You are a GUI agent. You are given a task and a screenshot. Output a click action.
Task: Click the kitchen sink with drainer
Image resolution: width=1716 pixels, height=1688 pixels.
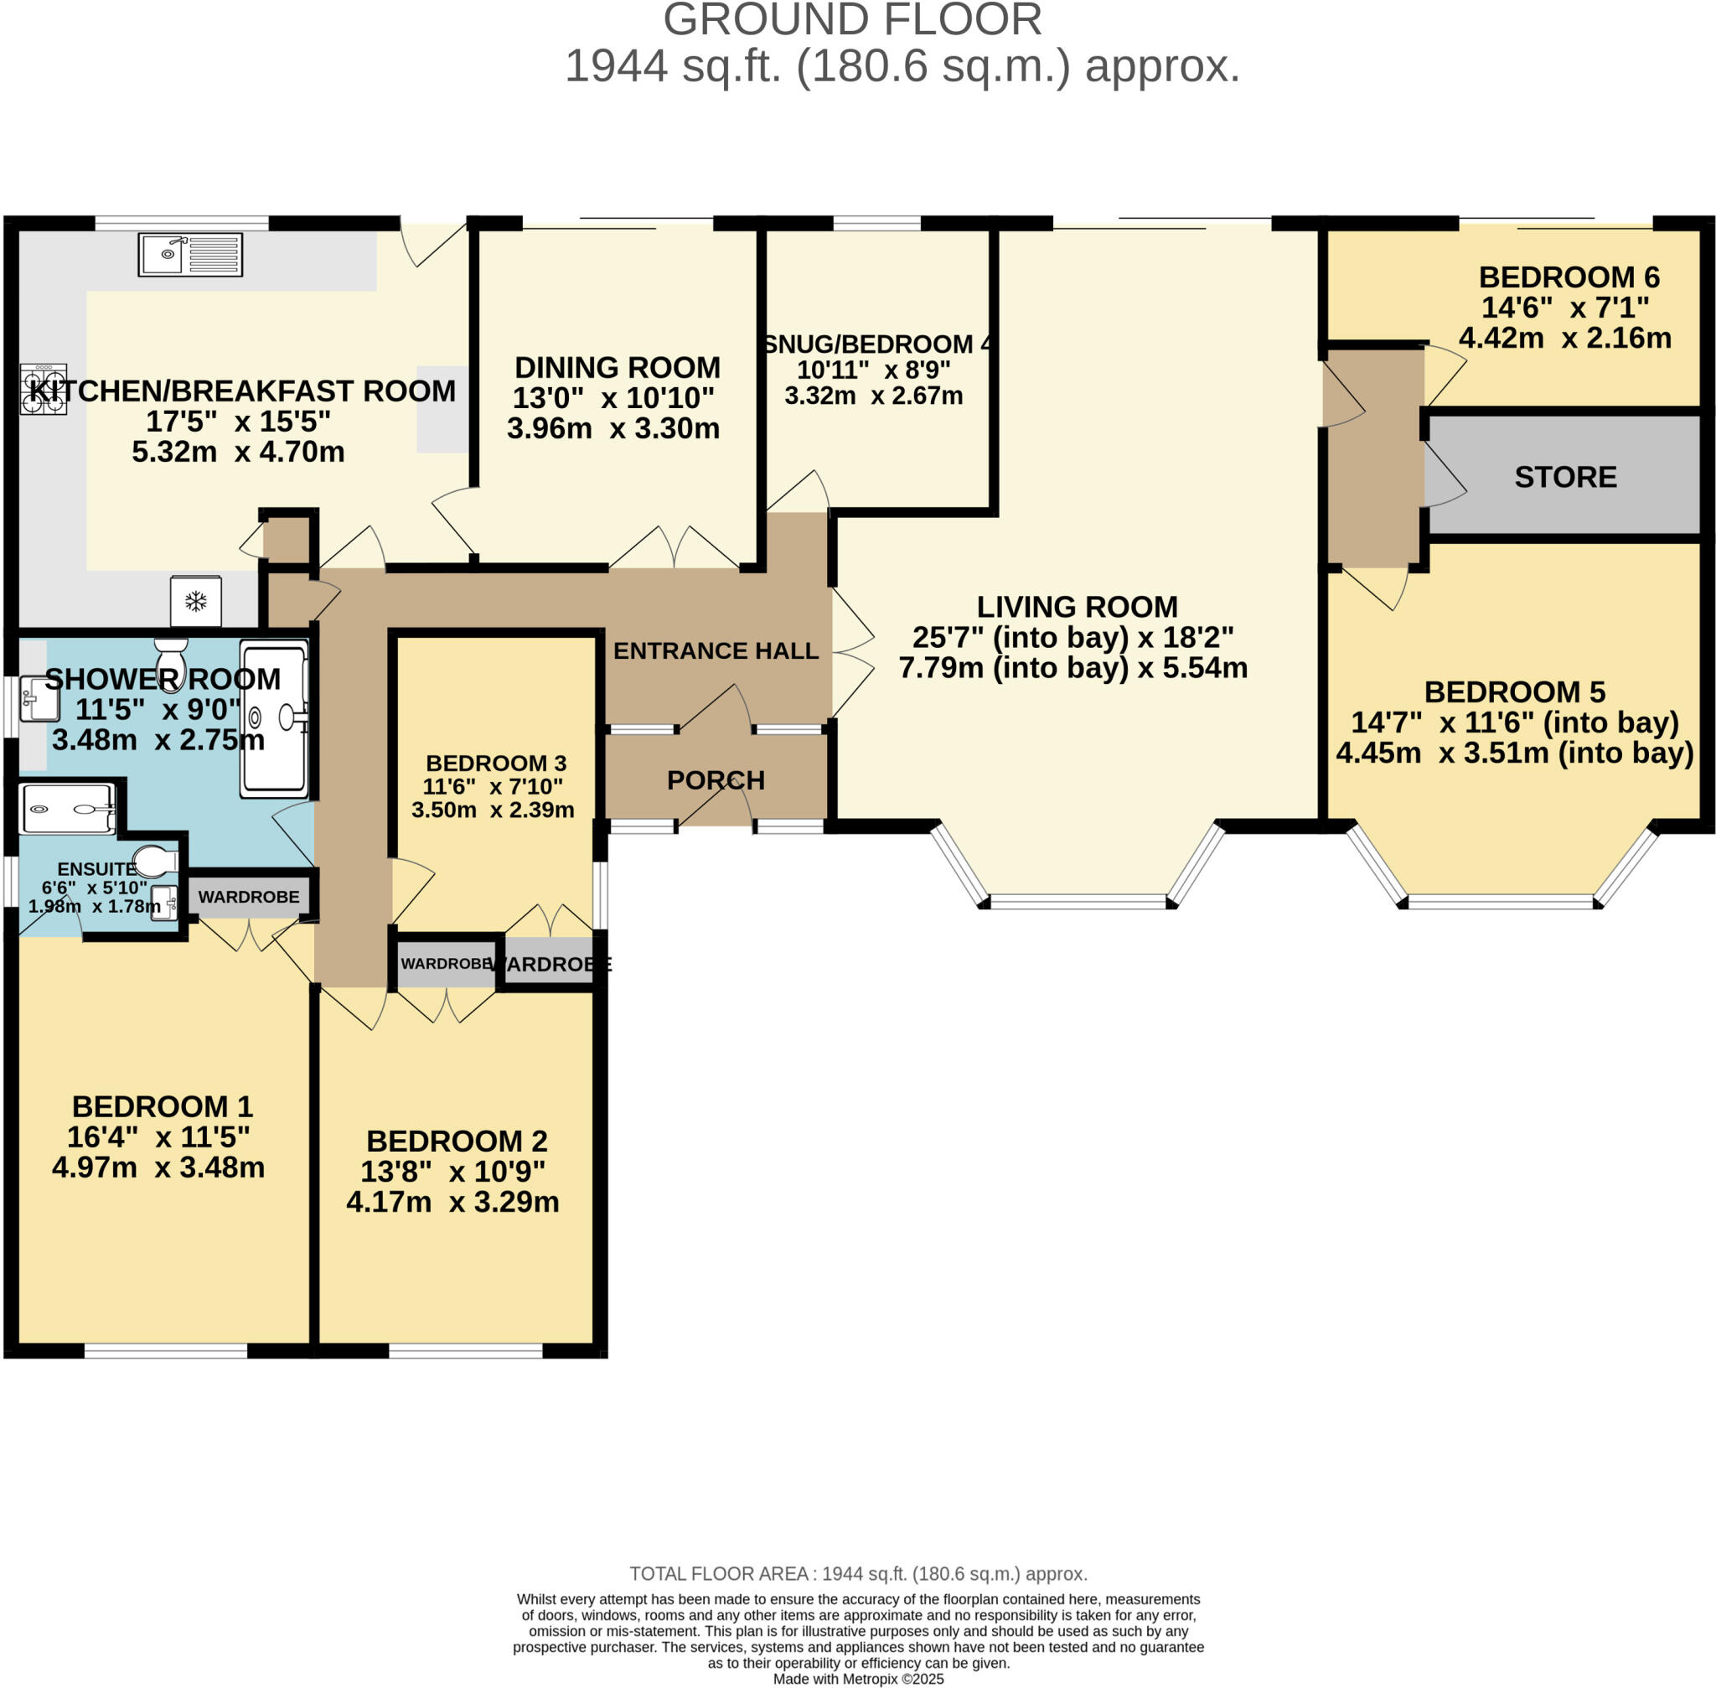click(x=190, y=255)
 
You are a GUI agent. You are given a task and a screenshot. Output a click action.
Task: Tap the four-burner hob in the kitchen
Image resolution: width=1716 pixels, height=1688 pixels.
click(x=44, y=389)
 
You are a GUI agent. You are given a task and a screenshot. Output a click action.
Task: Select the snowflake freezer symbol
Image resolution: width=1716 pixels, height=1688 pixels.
click(x=196, y=601)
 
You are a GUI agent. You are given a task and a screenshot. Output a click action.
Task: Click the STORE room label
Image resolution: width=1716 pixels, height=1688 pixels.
click(x=1565, y=477)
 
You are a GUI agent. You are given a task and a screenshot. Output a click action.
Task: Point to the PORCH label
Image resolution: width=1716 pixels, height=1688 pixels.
click(x=716, y=780)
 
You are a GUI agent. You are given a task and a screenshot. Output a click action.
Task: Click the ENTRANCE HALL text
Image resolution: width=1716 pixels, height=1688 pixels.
click(x=716, y=650)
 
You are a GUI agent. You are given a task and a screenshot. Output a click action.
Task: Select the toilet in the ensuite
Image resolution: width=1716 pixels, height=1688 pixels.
click(x=155, y=860)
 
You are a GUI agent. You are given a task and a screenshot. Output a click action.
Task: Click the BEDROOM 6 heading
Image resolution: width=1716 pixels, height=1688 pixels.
click(x=1569, y=277)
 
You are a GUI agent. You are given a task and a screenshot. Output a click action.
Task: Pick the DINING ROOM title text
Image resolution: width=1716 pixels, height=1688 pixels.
click(x=617, y=368)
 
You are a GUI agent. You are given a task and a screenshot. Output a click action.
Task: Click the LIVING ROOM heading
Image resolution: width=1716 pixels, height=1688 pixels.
click(x=1077, y=608)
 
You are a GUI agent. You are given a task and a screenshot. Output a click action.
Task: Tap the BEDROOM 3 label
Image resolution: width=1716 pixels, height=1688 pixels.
click(x=495, y=764)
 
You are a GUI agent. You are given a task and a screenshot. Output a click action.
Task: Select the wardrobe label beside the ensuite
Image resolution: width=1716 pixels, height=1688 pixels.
click(x=249, y=897)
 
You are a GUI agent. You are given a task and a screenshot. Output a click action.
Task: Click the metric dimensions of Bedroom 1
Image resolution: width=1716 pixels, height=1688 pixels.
click(x=158, y=1168)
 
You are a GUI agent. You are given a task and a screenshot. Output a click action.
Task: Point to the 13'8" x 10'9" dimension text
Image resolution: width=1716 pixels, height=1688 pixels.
click(x=453, y=1171)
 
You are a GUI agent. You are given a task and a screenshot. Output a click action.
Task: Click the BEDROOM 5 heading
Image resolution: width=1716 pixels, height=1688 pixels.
click(x=1515, y=691)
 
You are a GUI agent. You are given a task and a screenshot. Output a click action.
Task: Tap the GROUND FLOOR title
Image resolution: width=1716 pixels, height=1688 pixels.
click(x=852, y=20)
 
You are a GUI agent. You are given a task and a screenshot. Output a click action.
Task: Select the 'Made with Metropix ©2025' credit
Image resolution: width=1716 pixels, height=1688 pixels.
click(x=858, y=1679)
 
